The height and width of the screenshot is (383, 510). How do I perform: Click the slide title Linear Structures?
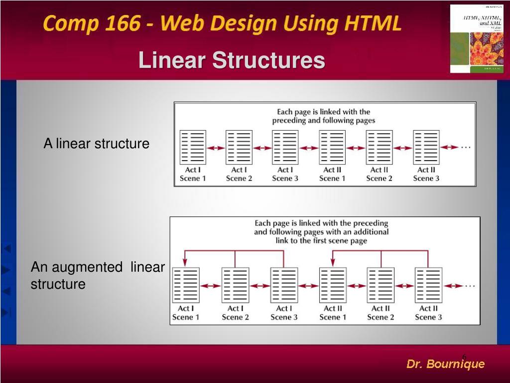[232, 61]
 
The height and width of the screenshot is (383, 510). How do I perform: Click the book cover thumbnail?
[477, 39]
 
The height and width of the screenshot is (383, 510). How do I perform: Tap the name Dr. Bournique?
[445, 364]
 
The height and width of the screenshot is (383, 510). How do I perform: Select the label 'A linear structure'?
[96, 144]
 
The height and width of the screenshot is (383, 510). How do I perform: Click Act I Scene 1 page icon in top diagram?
[192, 147]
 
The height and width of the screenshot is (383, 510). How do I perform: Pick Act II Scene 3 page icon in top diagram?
[426, 147]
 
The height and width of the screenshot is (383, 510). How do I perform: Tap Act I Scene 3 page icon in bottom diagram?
[284, 285]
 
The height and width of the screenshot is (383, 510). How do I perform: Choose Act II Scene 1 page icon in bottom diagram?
[333, 285]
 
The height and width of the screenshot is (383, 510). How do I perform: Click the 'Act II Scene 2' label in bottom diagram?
[380, 313]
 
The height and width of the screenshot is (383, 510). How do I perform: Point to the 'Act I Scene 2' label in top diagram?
[239, 174]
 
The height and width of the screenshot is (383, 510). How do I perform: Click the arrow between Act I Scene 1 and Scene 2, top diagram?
[216, 148]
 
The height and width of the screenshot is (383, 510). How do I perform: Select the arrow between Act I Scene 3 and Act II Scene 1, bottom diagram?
[308, 286]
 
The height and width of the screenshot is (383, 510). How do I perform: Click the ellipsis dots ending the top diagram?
[466, 147]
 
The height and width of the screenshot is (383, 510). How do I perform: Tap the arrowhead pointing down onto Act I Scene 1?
[185, 262]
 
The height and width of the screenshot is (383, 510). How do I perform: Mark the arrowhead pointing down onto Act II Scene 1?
[333, 262]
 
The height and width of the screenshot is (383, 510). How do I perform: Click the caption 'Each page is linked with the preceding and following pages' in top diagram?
[324, 116]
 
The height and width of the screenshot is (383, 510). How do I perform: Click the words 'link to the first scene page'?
[321, 240]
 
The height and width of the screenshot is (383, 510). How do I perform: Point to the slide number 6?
[464, 355]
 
